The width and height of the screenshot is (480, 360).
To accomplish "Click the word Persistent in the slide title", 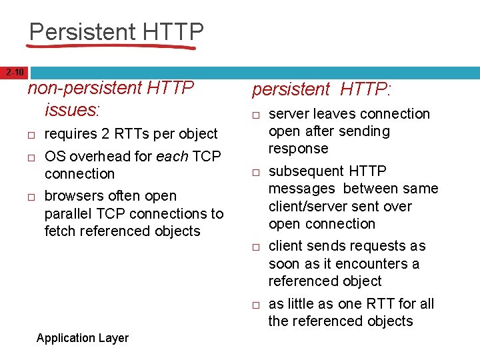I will pos(82,31).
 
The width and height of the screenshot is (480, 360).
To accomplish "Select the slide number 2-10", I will pos(14,72).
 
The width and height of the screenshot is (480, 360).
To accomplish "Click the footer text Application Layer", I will pos(82,338).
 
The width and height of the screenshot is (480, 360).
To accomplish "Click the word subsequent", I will pos(304,171).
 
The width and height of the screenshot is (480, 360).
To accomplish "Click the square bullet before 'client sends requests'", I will pos(255,247).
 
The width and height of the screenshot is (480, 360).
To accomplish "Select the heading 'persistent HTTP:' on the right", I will pos(322,89).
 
